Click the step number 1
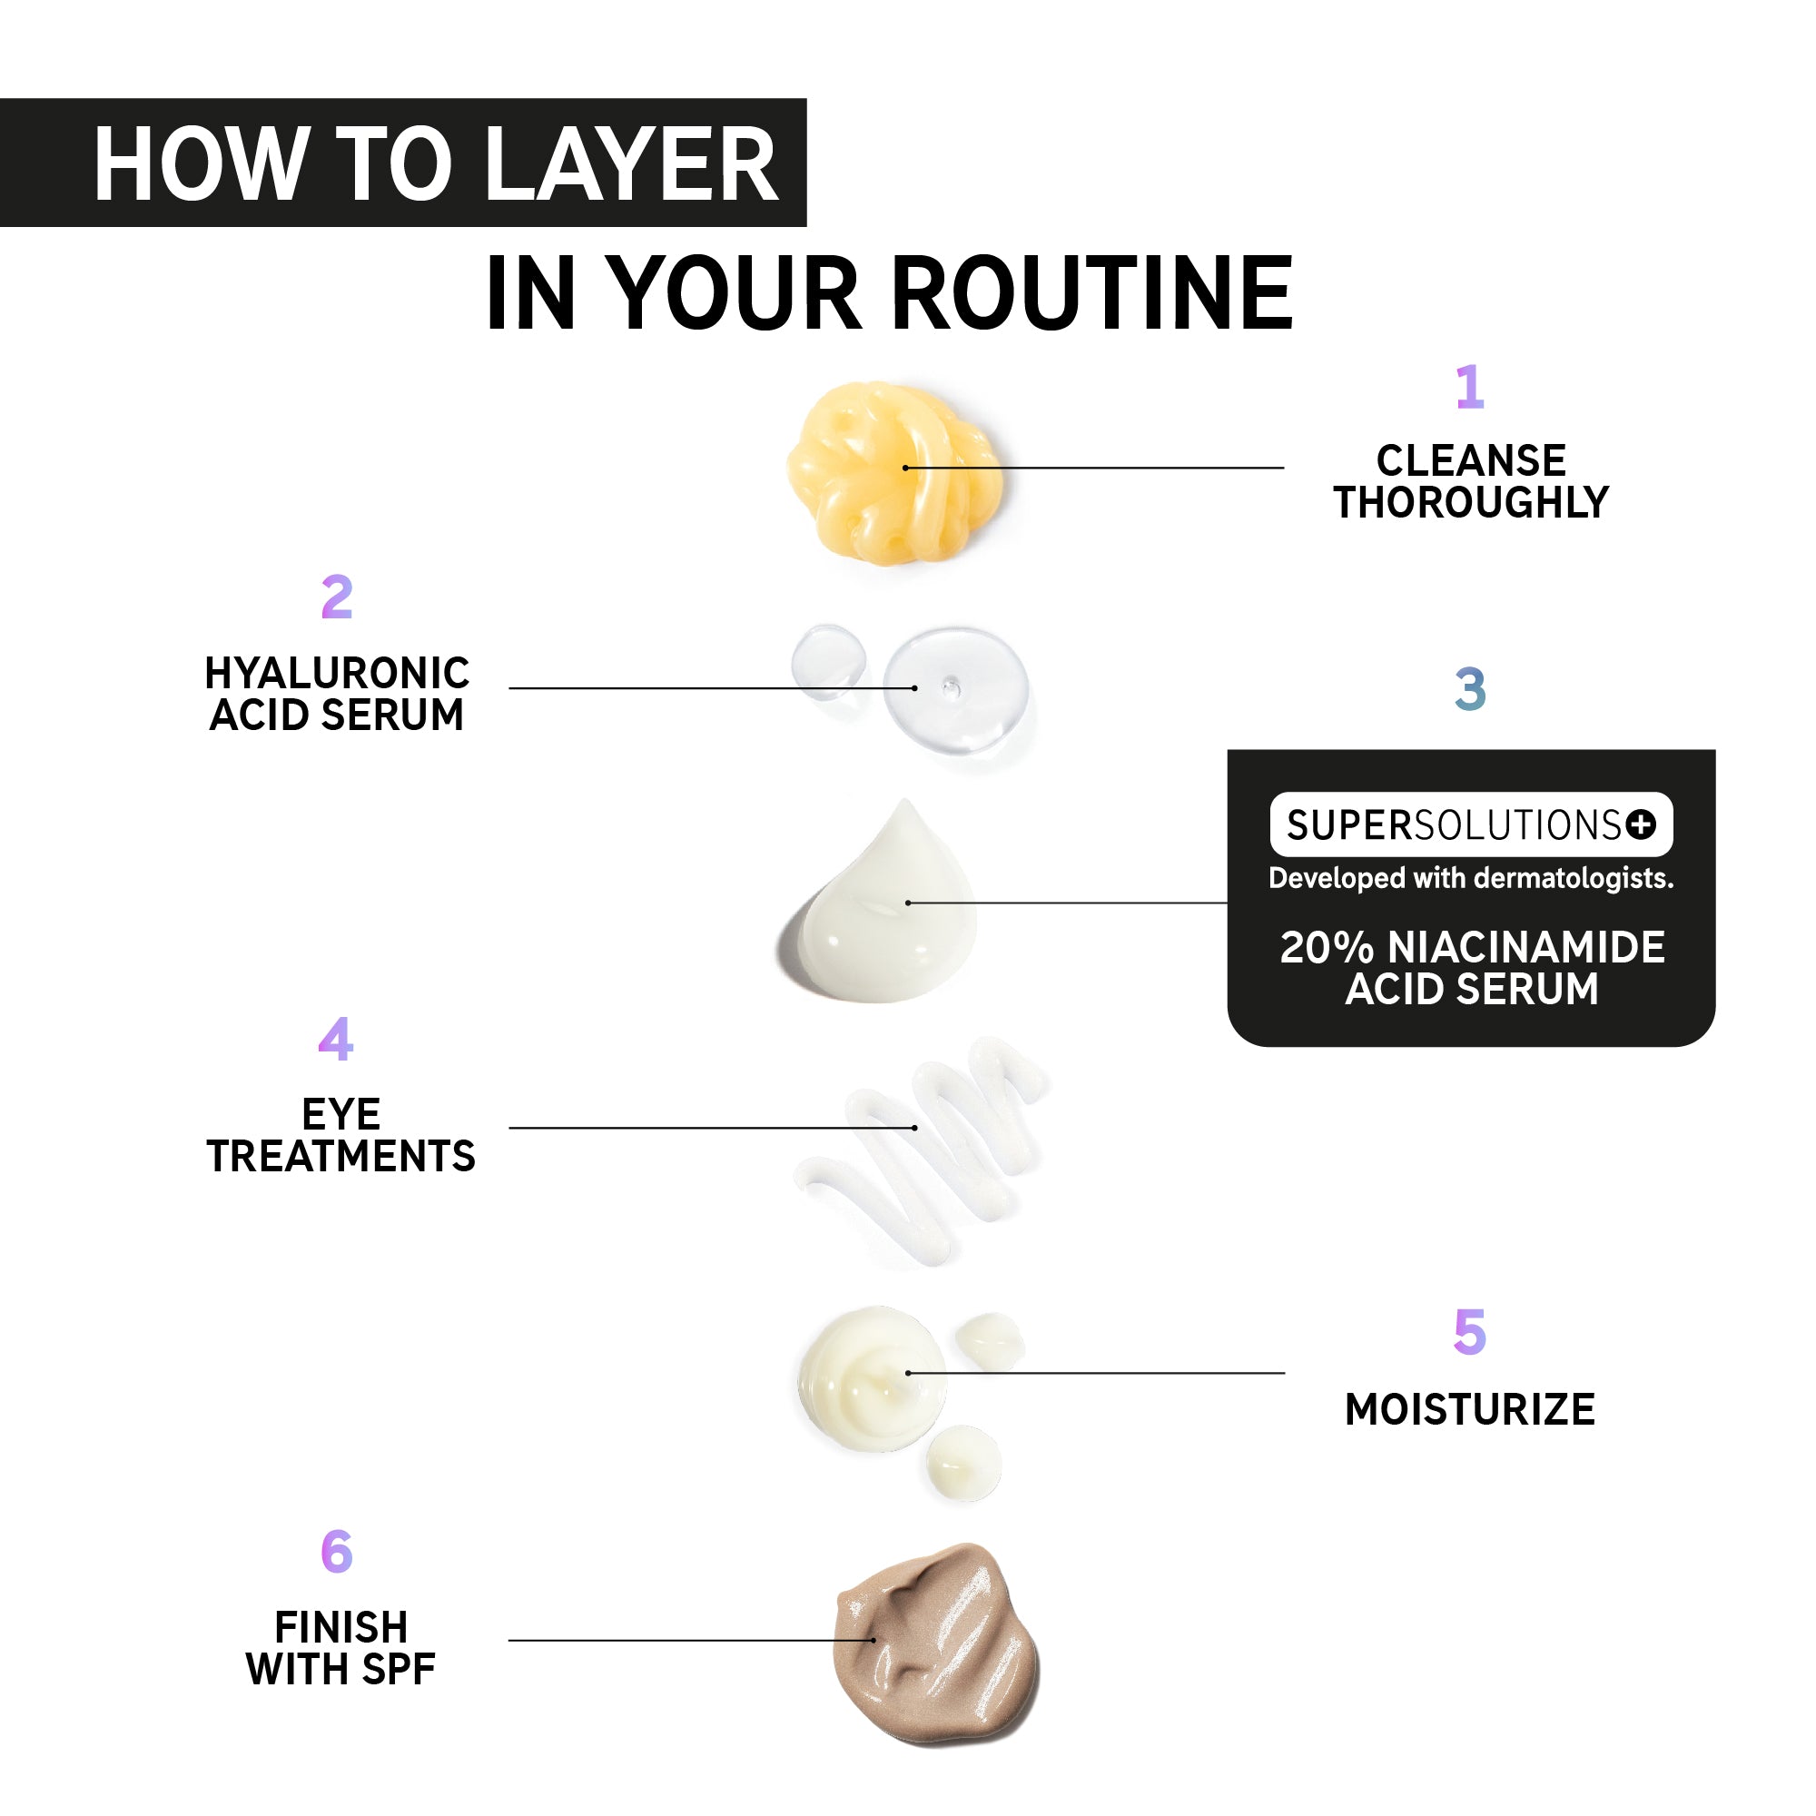pyautogui.click(x=1469, y=388)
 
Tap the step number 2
pyautogui.click(x=337, y=597)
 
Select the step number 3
pyautogui.click(x=1470, y=689)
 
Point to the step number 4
pyautogui.click(x=336, y=1039)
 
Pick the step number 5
pyautogui.click(x=1469, y=1332)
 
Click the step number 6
pyautogui.click(x=337, y=1551)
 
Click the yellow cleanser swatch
pyautogui.click(x=895, y=473)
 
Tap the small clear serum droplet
pyautogui.click(x=828, y=662)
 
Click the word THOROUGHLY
pyautogui.click(x=1471, y=503)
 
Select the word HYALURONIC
pyautogui.click(x=338, y=673)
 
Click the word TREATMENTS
pyautogui.click(x=341, y=1156)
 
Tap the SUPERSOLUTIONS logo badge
pyautogui.click(x=1471, y=824)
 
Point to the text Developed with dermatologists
pyautogui.click(x=1471, y=878)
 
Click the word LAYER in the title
pyautogui.click(x=632, y=164)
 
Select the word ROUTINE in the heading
pyautogui.click(x=1092, y=293)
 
